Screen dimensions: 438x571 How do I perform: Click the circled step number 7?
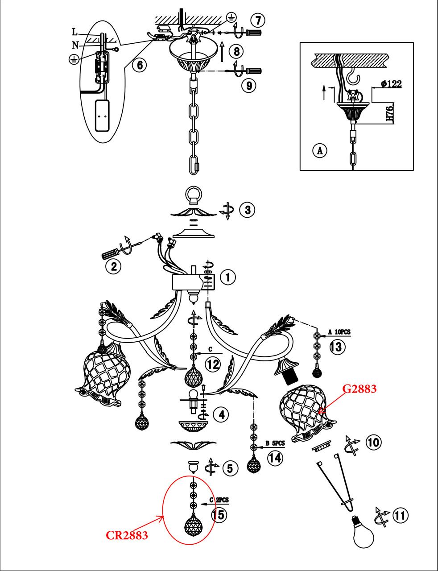click(x=258, y=21)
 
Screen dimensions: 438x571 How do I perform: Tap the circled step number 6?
click(x=140, y=65)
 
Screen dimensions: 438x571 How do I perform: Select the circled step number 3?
click(x=247, y=210)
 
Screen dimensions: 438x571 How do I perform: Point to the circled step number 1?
click(x=228, y=277)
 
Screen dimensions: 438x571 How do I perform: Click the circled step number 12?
click(x=213, y=365)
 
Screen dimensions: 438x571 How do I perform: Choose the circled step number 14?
click(x=275, y=458)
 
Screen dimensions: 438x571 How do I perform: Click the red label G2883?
click(x=359, y=389)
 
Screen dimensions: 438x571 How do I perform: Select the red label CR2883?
click(x=127, y=535)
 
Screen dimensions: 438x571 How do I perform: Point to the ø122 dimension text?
click(x=391, y=84)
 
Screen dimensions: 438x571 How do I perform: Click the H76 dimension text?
click(x=391, y=113)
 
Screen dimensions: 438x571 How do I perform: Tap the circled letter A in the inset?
click(x=320, y=151)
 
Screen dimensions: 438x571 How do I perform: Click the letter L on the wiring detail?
click(x=74, y=32)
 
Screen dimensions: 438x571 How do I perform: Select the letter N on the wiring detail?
click(x=75, y=46)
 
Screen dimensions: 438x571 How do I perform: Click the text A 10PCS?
click(x=339, y=332)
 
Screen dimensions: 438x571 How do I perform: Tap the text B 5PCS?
click(x=275, y=443)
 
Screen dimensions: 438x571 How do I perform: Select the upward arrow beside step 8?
click(x=222, y=51)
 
